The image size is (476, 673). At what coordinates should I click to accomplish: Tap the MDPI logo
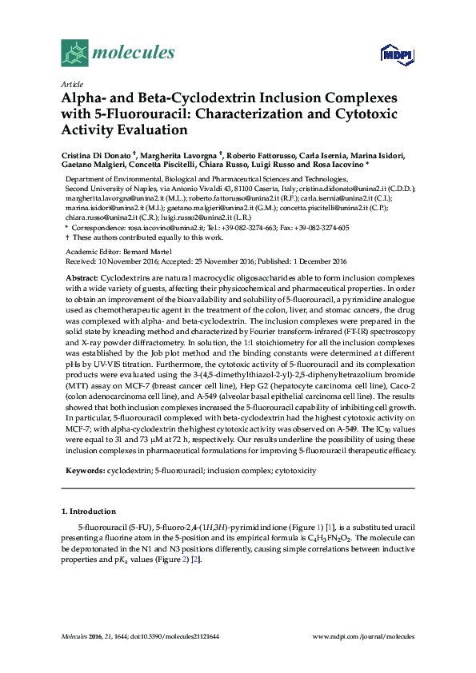coord(398,54)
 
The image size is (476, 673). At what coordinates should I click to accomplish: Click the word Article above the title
coord(71,84)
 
